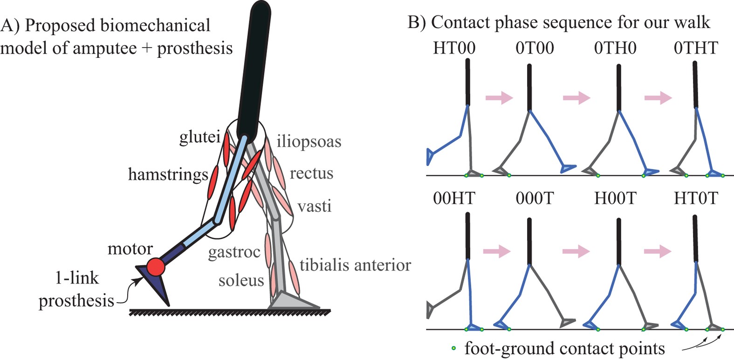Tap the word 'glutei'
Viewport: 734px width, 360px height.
click(199, 137)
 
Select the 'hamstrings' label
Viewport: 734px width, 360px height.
click(168, 174)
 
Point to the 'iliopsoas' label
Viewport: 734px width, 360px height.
click(309, 141)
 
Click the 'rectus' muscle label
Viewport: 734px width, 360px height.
click(311, 173)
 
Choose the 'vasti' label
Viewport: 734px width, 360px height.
click(315, 206)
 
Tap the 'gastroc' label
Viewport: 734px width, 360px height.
click(234, 252)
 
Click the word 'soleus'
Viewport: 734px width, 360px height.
click(241, 280)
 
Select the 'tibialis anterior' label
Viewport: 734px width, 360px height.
click(355, 265)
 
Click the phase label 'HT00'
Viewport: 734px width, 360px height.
click(454, 48)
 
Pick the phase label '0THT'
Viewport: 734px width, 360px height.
click(696, 48)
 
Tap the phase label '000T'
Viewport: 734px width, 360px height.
click(535, 198)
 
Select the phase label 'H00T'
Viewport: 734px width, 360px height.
click(615, 198)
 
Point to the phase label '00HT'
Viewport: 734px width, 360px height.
click(454, 198)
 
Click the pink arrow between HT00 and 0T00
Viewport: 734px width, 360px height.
click(499, 98)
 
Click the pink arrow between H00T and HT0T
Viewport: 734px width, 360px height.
click(658, 252)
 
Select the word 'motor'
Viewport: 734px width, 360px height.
click(130, 249)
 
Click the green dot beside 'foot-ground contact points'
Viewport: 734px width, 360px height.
click(453, 348)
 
